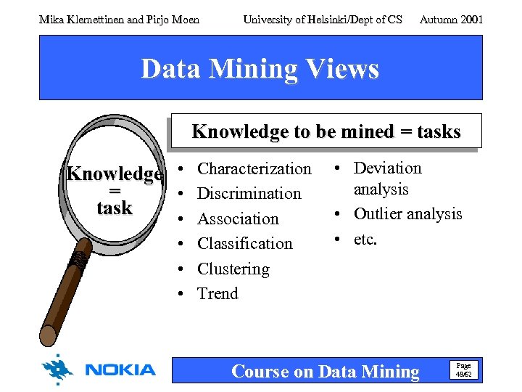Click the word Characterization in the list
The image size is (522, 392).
(254, 169)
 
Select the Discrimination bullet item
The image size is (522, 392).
(249, 194)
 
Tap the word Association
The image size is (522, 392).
(238, 219)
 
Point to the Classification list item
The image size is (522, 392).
(244, 244)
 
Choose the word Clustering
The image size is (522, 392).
(233, 269)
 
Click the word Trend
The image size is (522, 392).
(217, 294)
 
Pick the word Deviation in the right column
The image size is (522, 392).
(387, 168)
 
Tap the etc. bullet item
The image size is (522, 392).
(365, 239)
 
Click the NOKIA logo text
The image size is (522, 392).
(120, 370)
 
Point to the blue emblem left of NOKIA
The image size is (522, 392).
(57, 369)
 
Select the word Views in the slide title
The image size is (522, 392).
(342, 69)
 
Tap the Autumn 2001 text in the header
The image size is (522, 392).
(451, 20)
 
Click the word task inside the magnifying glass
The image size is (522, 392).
(115, 208)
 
